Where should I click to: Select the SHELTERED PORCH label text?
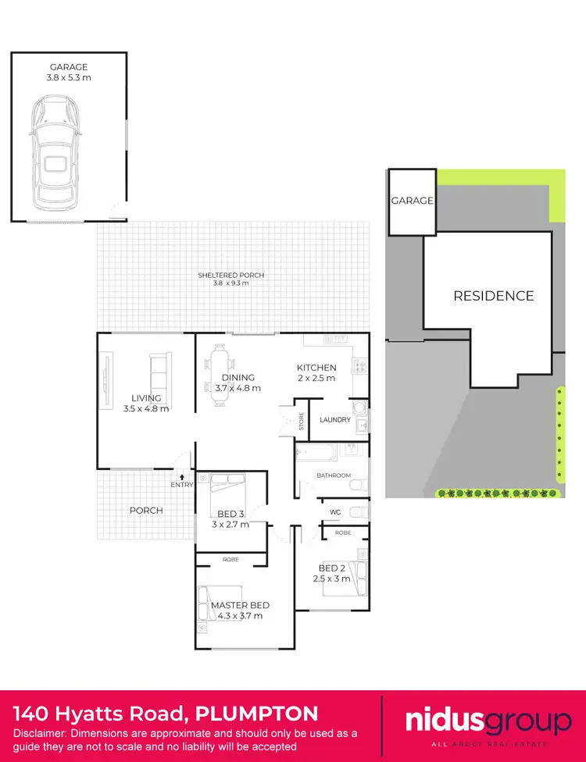(230, 279)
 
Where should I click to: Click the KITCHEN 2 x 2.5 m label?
(316, 372)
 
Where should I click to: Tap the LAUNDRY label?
(335, 420)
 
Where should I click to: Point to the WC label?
(335, 512)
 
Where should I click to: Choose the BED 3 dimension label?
(230, 519)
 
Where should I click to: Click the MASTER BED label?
(240, 611)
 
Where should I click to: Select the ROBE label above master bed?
(230, 560)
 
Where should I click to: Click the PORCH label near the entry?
(146, 511)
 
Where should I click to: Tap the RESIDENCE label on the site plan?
(494, 296)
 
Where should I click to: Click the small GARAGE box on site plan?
(412, 201)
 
